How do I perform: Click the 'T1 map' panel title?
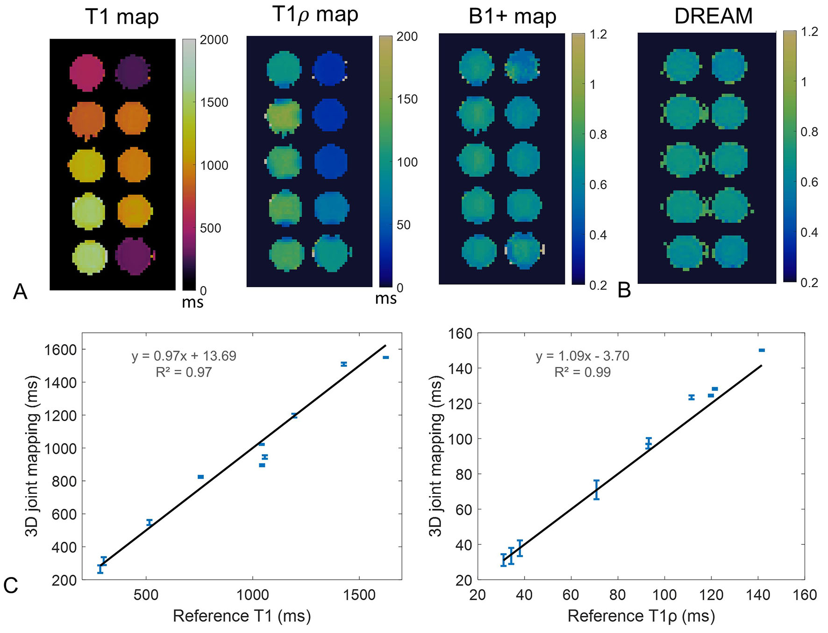[x=122, y=17]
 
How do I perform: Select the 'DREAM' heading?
[x=714, y=16]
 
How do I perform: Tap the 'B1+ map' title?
[x=513, y=16]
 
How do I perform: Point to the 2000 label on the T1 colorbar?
[x=214, y=40]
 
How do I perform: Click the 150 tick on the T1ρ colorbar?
[x=407, y=99]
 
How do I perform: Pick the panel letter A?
[x=20, y=292]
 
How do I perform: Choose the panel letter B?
[x=624, y=290]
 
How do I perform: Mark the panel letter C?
[x=11, y=585]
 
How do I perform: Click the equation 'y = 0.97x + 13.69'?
[x=184, y=356]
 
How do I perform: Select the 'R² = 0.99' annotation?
[x=583, y=372]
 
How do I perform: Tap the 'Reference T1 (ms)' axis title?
[x=242, y=616]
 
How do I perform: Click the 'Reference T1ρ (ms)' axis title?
[x=641, y=616]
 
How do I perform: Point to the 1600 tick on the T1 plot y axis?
[x=60, y=350]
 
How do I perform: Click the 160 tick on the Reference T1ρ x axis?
[x=805, y=595]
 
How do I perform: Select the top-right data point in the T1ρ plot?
[x=762, y=350]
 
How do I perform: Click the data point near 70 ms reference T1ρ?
[x=596, y=490]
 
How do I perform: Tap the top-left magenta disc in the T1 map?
[x=87, y=71]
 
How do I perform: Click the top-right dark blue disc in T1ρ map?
[x=330, y=69]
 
